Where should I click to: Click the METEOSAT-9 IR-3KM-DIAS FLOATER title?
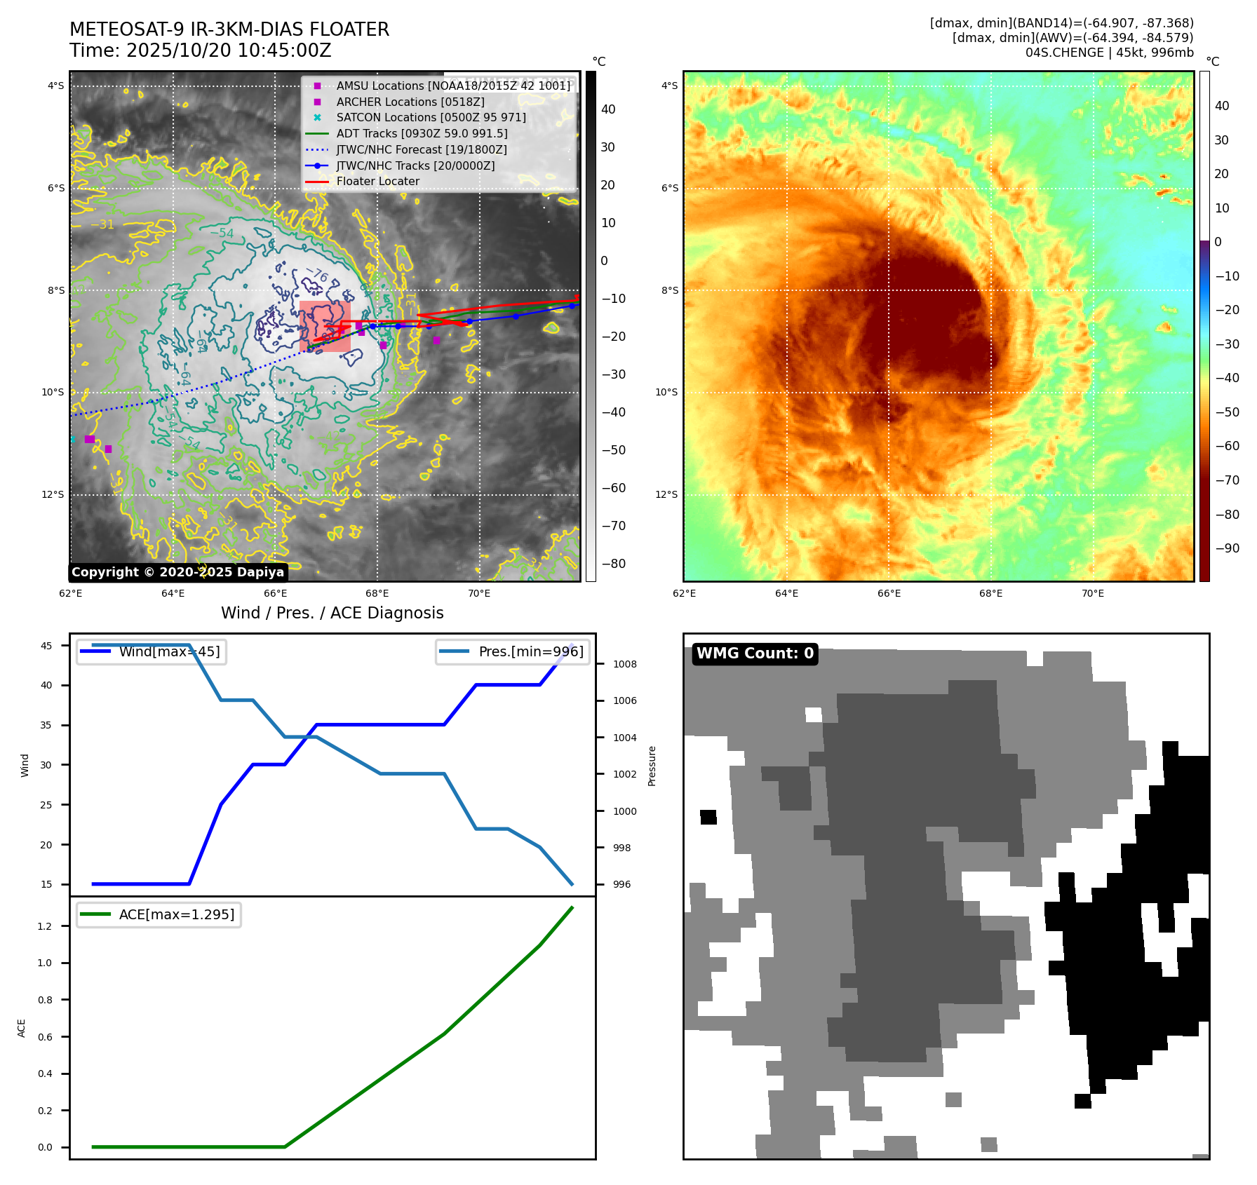(x=229, y=29)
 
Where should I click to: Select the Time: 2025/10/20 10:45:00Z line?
(x=200, y=50)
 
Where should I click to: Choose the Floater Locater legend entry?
(x=377, y=182)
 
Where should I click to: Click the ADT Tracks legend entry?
(x=422, y=133)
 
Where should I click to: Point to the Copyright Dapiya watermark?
(x=177, y=572)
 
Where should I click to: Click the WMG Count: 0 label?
(x=755, y=654)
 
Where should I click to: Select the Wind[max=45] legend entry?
(x=169, y=652)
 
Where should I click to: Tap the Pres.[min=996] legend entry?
(x=530, y=652)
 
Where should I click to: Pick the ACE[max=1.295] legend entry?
(x=176, y=915)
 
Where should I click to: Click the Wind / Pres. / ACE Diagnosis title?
(x=332, y=613)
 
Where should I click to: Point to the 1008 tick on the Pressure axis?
(x=624, y=664)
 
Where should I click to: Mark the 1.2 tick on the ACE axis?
(x=45, y=926)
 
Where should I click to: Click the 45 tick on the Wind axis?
(x=46, y=646)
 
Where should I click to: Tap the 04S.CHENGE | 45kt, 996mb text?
(x=1109, y=53)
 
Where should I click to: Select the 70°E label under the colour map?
(x=1092, y=594)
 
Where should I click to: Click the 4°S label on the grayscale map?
(x=56, y=86)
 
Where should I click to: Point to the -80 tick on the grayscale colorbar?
(x=613, y=564)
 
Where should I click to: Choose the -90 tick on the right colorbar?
(x=1227, y=548)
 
